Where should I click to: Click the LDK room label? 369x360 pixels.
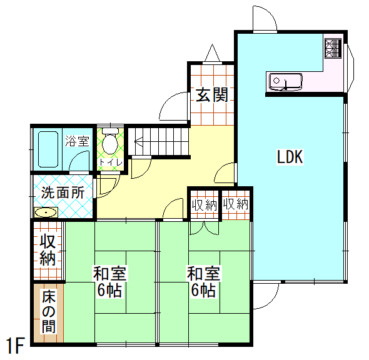point(290,157)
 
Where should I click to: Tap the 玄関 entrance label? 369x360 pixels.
point(212,95)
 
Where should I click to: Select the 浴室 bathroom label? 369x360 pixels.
point(77,141)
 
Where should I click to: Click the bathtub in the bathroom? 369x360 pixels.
point(48,149)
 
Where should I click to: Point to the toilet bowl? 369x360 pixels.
point(110,141)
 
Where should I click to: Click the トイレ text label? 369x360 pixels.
point(111,162)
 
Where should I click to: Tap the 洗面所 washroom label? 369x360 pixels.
point(63,192)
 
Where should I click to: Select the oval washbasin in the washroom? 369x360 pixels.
point(46,212)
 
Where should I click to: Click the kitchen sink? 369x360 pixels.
point(285,82)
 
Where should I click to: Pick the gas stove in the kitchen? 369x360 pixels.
point(333,49)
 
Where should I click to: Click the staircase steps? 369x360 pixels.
point(159,141)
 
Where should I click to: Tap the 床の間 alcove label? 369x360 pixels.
point(49,311)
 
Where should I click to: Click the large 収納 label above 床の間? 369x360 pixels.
point(48,250)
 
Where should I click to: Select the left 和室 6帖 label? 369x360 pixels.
point(110,281)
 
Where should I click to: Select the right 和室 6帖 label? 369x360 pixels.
point(203,281)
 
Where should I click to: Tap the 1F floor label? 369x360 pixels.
point(16,346)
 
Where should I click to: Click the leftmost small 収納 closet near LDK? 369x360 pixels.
point(205,204)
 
